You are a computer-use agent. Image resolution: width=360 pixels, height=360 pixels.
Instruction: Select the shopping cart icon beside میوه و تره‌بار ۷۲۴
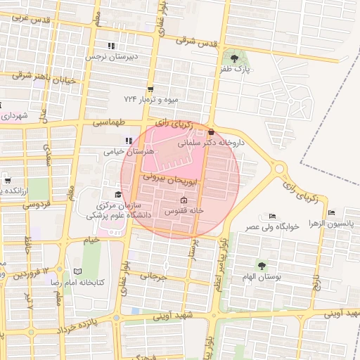coord(150,89)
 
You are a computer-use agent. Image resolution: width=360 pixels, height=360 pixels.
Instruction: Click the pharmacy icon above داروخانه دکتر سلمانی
coord(211,131)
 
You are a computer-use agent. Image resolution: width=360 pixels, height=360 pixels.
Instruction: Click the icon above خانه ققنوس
coord(184,200)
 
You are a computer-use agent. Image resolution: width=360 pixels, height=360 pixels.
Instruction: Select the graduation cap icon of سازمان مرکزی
coord(117,194)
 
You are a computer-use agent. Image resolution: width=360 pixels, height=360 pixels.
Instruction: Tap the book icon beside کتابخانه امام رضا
coord(77,271)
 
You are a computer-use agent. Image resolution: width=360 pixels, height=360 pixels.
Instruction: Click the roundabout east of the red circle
coord(278,169)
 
